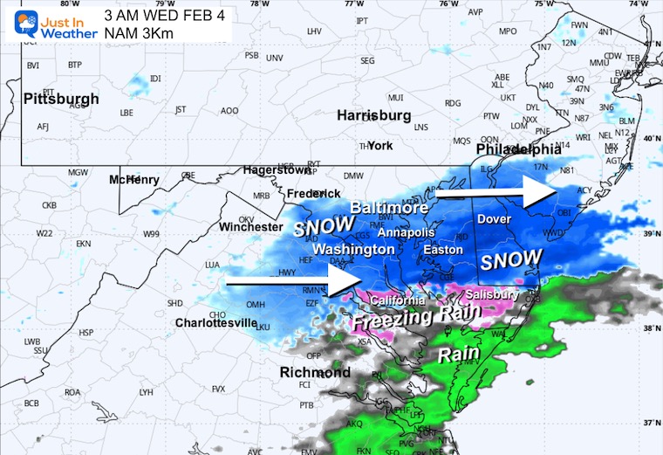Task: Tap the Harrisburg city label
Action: click(x=373, y=115)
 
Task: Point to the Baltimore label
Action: click(x=389, y=208)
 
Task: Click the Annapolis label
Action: click(x=405, y=233)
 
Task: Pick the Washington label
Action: click(x=353, y=250)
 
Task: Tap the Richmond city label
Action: click(x=314, y=373)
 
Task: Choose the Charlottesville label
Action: click(x=215, y=322)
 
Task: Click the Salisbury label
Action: click(x=492, y=295)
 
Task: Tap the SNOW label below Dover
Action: click(x=512, y=260)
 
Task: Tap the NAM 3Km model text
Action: click(x=140, y=33)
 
